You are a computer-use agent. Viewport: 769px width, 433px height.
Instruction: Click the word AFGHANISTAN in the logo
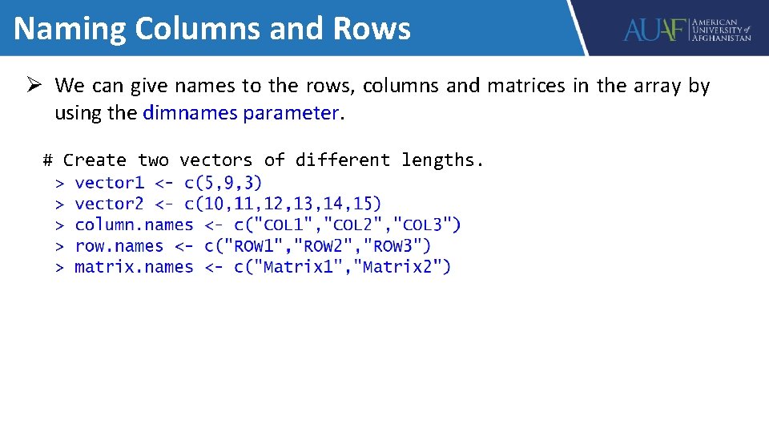coord(722,38)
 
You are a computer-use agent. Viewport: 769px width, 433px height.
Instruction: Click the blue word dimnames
coord(191,113)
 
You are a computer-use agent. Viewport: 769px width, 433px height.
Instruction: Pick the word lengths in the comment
coord(442,160)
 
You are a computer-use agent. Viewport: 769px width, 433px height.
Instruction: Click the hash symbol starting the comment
coord(48,160)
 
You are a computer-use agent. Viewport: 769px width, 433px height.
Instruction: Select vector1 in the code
coord(109,183)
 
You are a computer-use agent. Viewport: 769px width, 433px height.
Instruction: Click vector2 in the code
coord(109,204)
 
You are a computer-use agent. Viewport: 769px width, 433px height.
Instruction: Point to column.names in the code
coord(134,225)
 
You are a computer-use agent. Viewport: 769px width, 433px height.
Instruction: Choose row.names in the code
coord(119,245)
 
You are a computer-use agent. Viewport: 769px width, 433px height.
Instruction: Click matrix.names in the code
coord(134,266)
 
